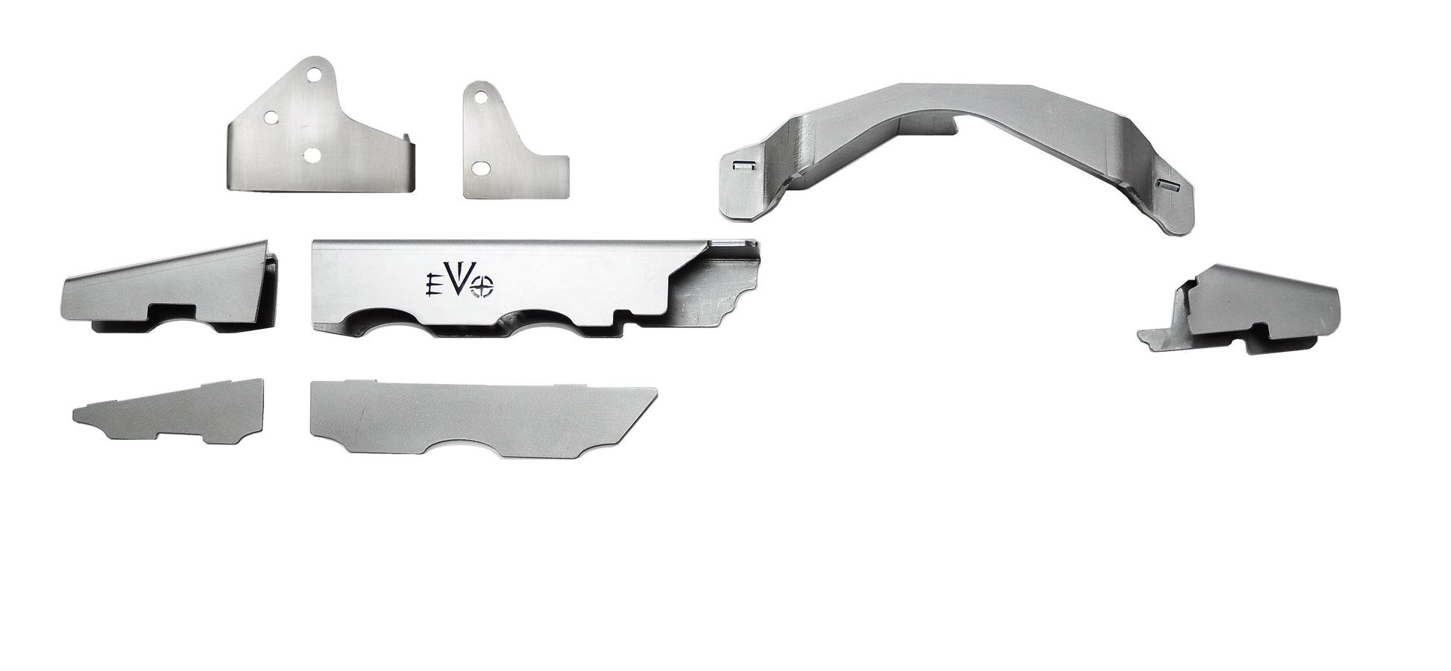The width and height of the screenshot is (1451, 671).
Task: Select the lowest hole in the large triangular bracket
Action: [312, 154]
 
